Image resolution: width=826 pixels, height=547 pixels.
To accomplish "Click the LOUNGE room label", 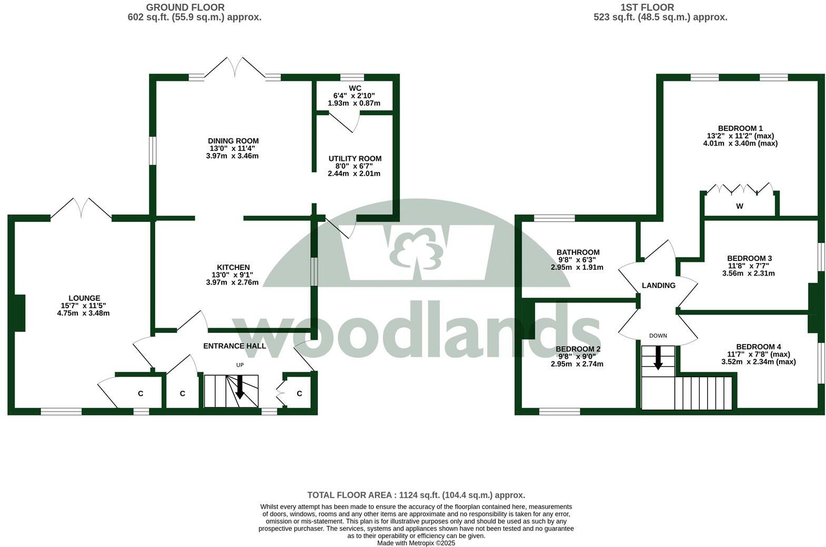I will (x=84, y=298).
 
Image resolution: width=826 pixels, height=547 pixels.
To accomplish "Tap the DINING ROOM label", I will (x=233, y=141).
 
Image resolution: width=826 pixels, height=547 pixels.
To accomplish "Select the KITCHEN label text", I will (x=233, y=267).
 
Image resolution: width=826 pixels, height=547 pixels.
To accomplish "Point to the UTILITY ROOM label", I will (x=355, y=158).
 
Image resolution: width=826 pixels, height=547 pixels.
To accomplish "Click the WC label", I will (x=355, y=88).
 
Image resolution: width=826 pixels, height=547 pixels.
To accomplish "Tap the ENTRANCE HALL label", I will (x=235, y=346).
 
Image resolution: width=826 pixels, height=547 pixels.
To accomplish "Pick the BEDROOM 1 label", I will (x=740, y=128).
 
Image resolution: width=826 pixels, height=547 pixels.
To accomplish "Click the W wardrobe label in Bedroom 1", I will (x=739, y=206).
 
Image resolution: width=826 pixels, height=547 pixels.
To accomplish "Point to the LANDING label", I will (x=658, y=285).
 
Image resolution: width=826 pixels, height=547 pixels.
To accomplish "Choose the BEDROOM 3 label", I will (x=749, y=258).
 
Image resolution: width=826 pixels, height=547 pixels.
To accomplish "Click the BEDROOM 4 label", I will (x=758, y=347).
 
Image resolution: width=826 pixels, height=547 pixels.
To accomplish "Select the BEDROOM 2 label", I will (x=578, y=349).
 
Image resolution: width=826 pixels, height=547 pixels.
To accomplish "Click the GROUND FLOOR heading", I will (x=185, y=7).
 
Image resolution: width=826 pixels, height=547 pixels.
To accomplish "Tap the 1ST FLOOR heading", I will (x=647, y=7).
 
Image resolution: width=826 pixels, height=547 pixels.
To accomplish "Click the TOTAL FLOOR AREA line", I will (x=416, y=495).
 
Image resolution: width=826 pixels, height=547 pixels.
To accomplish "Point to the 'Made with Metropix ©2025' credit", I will (x=416, y=543).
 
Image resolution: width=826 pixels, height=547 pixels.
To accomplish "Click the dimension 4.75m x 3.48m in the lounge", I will (x=83, y=313).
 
